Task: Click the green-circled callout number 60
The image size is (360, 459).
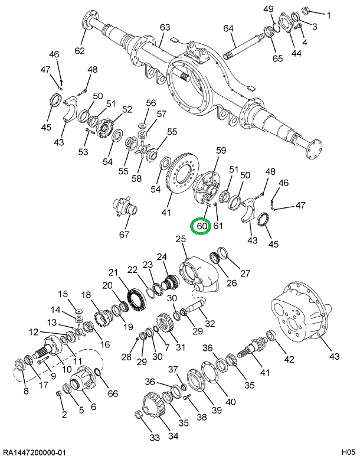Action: [202, 226]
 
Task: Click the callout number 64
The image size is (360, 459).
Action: [228, 28]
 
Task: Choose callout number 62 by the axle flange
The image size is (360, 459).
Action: [80, 50]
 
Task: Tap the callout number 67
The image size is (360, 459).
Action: [124, 235]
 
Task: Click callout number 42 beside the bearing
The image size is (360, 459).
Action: [289, 359]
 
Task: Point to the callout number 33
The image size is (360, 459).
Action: [155, 438]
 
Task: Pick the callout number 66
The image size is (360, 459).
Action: [113, 394]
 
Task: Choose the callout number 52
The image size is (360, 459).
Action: [127, 109]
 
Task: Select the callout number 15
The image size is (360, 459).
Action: [63, 294]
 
